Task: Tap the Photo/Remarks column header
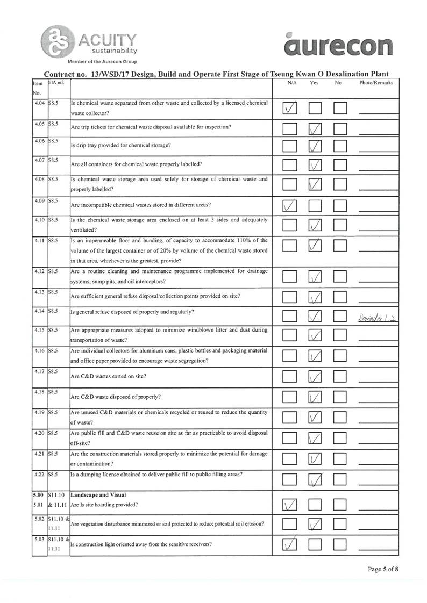click(x=376, y=83)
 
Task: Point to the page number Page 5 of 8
click(x=383, y=583)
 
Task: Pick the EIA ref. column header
click(x=56, y=83)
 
